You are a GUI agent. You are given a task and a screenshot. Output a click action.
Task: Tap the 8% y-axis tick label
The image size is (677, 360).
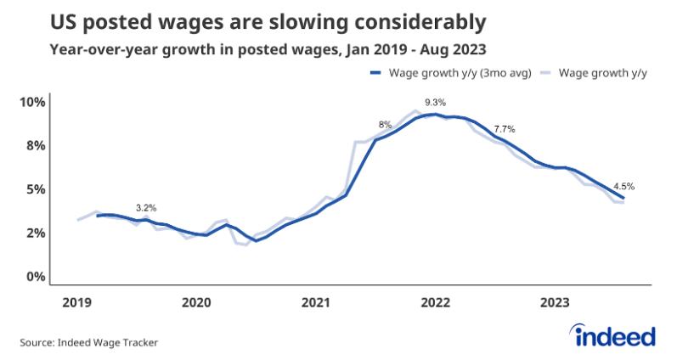click(34, 146)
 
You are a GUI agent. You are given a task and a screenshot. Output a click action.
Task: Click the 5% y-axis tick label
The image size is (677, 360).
click(34, 189)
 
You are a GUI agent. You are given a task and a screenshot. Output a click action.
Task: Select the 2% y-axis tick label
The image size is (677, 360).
click(34, 233)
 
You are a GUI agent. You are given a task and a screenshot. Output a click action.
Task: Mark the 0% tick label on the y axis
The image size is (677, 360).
click(34, 277)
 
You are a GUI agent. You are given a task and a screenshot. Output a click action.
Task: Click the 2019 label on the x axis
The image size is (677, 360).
click(77, 303)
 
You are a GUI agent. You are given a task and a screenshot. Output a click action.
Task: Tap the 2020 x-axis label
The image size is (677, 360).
click(196, 303)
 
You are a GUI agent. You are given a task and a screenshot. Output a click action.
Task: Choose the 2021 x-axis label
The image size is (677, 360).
click(316, 303)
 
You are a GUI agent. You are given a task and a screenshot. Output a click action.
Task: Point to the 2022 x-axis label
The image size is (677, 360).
click(436, 303)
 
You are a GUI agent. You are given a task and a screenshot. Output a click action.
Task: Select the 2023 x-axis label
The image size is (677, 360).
click(556, 303)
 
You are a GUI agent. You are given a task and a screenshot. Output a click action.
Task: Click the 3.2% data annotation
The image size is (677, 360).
click(146, 208)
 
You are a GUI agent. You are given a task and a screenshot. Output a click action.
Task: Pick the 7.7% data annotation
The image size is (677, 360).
click(505, 129)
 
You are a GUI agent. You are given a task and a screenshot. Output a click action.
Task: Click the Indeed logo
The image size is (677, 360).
click(616, 336)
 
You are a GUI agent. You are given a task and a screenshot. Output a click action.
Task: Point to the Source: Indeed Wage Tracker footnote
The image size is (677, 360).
click(89, 343)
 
